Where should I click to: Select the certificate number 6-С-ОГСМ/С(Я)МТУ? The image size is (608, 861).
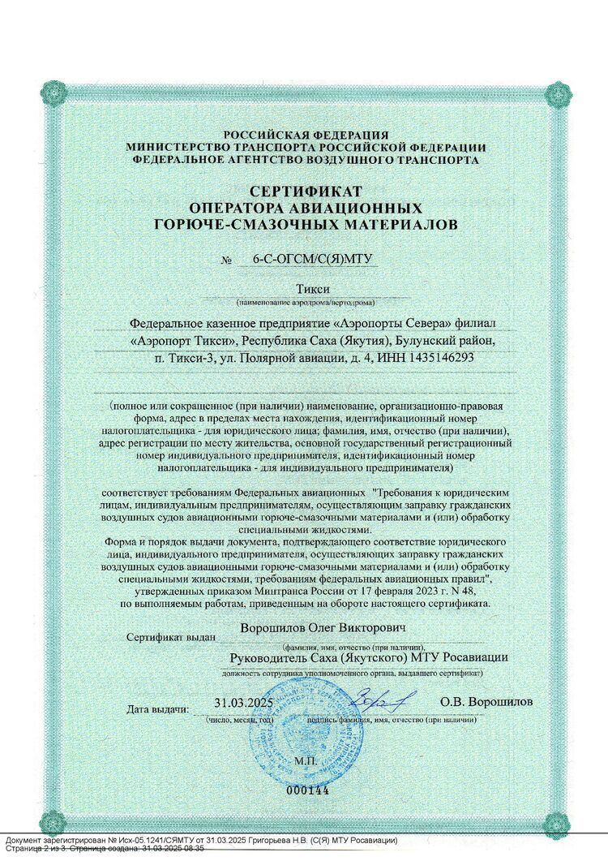pyautogui.click(x=306, y=260)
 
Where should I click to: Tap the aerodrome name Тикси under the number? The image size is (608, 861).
pyautogui.click(x=306, y=290)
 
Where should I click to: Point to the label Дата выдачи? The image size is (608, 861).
pyautogui.click(x=158, y=709)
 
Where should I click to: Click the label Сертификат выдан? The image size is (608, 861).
pyautogui.click(x=169, y=638)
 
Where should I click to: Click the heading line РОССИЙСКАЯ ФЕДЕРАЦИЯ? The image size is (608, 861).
pyautogui.click(x=306, y=135)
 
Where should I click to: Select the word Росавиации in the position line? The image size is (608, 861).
pyautogui.click(x=475, y=657)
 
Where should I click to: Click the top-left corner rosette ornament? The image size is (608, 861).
pyautogui.click(x=54, y=92)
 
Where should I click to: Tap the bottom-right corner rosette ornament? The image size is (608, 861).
pyautogui.click(x=556, y=822)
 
